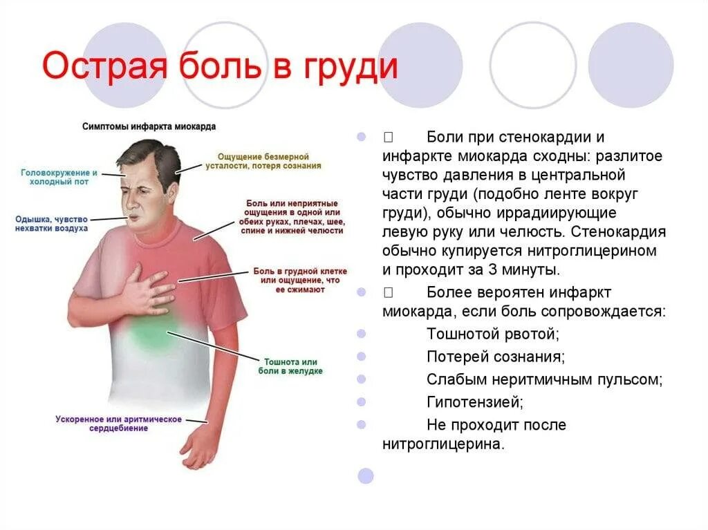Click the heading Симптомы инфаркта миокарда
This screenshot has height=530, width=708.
(149, 126)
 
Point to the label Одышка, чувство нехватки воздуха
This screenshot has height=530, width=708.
(51, 223)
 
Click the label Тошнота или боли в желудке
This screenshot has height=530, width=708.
(290, 366)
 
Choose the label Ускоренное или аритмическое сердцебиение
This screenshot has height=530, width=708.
(118, 424)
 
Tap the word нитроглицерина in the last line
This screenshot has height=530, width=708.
(442, 444)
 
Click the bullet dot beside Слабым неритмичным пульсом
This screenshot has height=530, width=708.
(362, 379)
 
